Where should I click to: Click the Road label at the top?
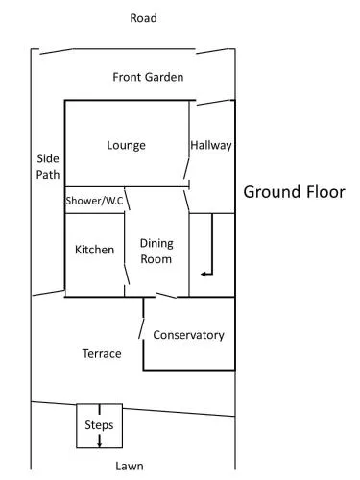tap(143, 18)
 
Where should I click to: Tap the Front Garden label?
tap(148, 77)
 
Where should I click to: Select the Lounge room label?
tap(126, 146)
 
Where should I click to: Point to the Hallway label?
tap(211, 146)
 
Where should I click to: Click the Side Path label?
tap(48, 166)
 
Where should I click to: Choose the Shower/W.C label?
tap(94, 201)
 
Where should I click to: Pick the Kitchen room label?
tap(94, 250)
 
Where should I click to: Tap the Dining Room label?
tap(156, 252)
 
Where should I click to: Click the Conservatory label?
tap(188, 335)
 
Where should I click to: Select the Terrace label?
tap(102, 354)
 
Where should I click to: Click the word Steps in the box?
tap(99, 425)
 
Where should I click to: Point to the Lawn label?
tap(130, 466)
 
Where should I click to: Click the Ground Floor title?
tap(294, 192)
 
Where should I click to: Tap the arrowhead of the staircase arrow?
tap(204, 274)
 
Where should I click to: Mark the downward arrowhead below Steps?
tap(99, 444)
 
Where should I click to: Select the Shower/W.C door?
tap(127, 199)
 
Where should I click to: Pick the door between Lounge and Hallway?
tap(186, 168)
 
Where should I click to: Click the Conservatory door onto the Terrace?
tap(141, 328)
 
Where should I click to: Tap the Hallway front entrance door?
tap(214, 103)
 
